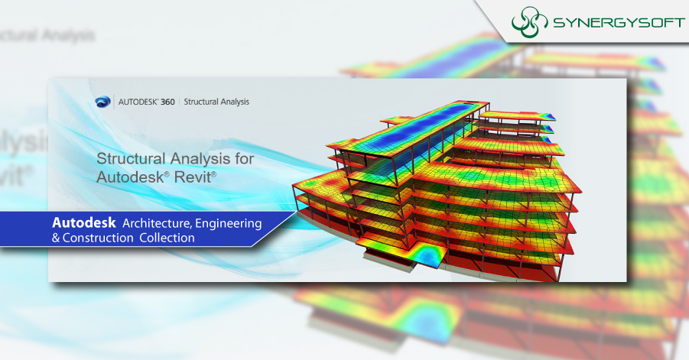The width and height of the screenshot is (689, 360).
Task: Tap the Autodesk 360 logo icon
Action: point(104,101)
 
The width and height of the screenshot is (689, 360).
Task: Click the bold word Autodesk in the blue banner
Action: point(84,222)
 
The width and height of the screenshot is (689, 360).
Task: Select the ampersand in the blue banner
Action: point(56,238)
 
